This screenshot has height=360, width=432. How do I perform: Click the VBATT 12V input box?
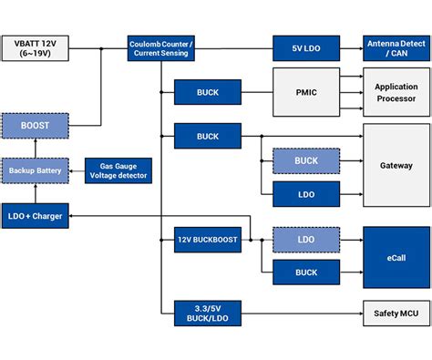click(35, 47)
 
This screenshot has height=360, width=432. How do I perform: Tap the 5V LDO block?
click(306, 47)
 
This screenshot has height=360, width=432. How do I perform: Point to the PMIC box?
click(306, 91)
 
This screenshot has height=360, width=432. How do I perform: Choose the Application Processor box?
click(396, 91)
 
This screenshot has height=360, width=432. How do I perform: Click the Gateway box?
click(396, 165)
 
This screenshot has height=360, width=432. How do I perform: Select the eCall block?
click(396, 256)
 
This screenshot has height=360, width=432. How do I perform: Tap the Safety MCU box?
click(396, 313)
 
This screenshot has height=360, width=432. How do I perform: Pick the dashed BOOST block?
click(35, 125)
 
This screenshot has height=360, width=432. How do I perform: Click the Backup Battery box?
click(35, 170)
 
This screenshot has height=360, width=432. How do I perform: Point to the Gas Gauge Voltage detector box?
click(118, 170)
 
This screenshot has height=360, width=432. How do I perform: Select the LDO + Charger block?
click(35, 215)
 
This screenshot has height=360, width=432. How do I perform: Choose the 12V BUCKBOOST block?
click(207, 240)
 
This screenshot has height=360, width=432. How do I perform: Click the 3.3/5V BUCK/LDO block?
click(207, 313)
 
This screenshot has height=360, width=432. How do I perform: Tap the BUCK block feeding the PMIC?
click(207, 91)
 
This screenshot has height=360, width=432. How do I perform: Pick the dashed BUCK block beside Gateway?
click(306, 159)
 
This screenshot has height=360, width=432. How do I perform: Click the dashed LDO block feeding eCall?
click(306, 239)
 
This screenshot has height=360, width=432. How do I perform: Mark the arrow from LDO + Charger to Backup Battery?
click(35, 192)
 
